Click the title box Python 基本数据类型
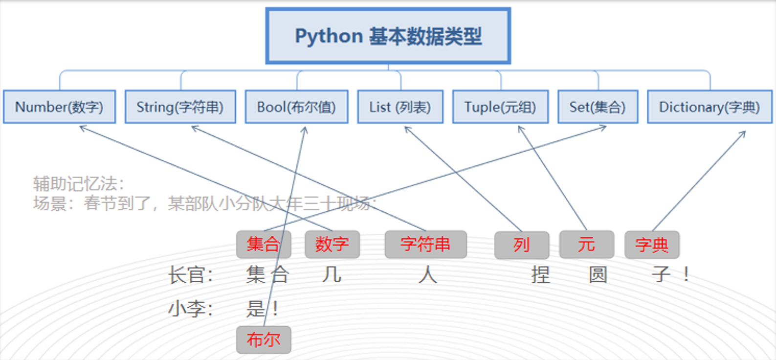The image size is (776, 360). point(388,36)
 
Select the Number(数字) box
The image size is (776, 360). point(59,107)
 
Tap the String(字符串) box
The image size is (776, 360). point(180,107)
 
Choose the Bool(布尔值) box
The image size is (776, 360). point(296,107)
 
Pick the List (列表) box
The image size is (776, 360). point(400,107)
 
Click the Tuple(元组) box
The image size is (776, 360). point(500,107)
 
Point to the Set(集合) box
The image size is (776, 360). point(598,107)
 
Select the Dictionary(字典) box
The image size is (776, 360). point(709,107)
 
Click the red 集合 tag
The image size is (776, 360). point(264,244)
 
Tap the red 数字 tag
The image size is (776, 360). point(332,244)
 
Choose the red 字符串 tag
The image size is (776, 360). point(425,244)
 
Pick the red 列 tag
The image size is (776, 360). point(521,245)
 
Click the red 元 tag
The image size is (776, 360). point(586,244)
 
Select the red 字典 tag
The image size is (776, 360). point(652,245)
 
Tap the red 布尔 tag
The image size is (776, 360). point(264,339)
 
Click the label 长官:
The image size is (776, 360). point(190,275)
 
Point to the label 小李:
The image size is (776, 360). point(190,309)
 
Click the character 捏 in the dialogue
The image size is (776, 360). point(540,275)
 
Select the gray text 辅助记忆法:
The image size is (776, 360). point(79,184)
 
